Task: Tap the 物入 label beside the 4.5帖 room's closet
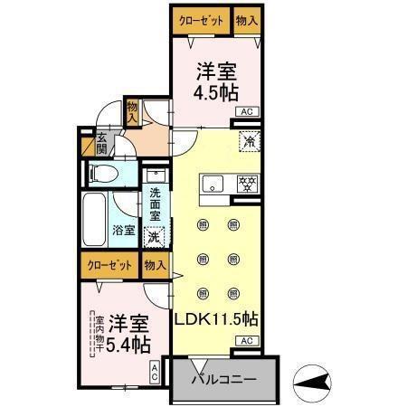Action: [x=246, y=20]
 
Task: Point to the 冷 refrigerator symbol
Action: [x=246, y=141]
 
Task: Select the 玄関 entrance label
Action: [x=101, y=144]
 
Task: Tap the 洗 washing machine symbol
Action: [x=155, y=237]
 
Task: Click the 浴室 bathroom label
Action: [x=124, y=230]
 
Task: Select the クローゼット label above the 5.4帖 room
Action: [x=109, y=265]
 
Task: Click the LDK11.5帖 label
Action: [x=218, y=319]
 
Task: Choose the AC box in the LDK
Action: [x=246, y=341]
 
